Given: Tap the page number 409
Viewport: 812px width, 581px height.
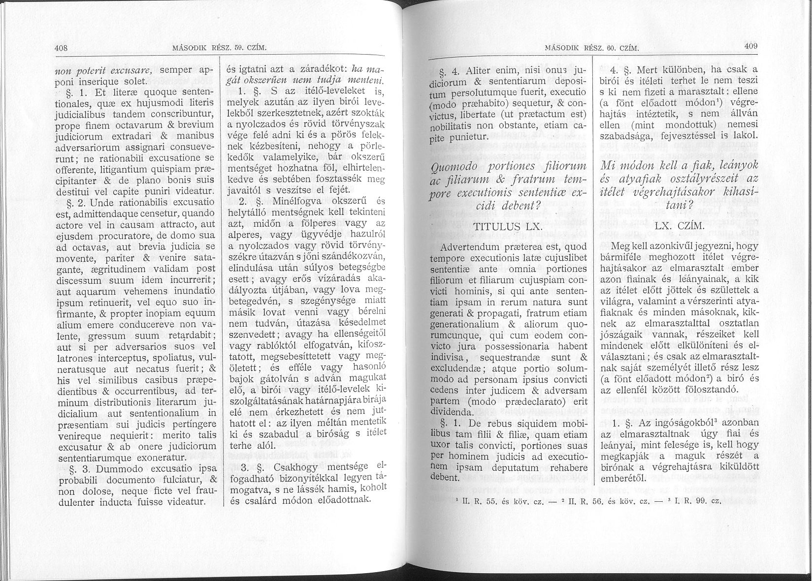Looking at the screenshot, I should tap(750, 46).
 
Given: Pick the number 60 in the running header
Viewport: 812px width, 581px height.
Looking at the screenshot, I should tap(612, 48).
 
